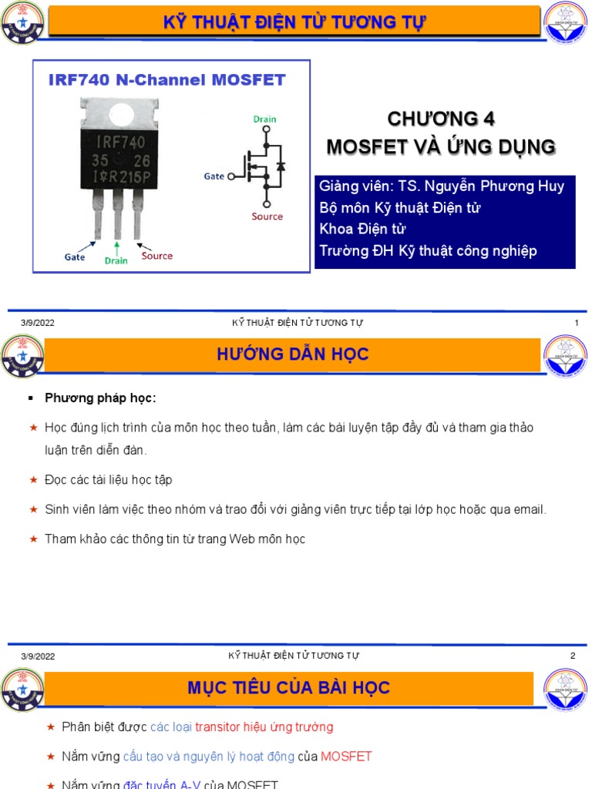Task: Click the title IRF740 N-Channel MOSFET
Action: pyautogui.click(x=166, y=80)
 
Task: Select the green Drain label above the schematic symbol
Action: pyautogui.click(x=264, y=119)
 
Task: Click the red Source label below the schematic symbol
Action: pyautogui.click(x=267, y=217)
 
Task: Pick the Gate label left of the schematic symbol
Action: pyautogui.click(x=214, y=176)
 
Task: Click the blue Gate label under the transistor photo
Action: pyautogui.click(x=75, y=257)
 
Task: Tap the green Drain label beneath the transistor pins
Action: pyautogui.click(x=116, y=260)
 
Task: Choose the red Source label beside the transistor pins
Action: pyautogui.click(x=157, y=256)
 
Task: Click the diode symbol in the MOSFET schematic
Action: pyautogui.click(x=281, y=167)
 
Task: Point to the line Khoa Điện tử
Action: pyautogui.click(x=362, y=229)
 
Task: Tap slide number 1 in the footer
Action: pyautogui.click(x=576, y=323)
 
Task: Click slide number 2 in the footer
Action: pyautogui.click(x=573, y=656)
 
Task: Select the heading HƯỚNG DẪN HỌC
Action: pyautogui.click(x=293, y=354)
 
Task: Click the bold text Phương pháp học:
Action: pyautogui.click(x=100, y=398)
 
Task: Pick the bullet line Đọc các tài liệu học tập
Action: pyautogui.click(x=108, y=480)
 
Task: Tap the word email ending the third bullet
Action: pyautogui.click(x=529, y=509)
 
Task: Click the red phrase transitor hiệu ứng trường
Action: pyautogui.click(x=264, y=727)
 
